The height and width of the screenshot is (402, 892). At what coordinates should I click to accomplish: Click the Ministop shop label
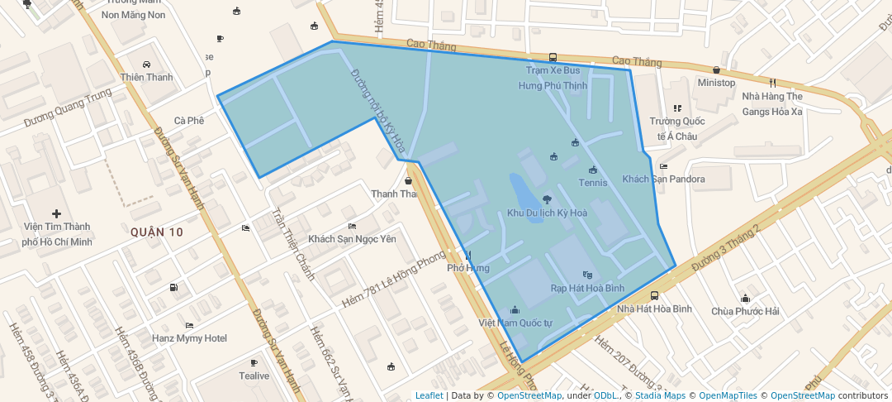pyautogui.click(x=715, y=83)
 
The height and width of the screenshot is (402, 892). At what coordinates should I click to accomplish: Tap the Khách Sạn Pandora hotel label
pyautogui.click(x=663, y=179)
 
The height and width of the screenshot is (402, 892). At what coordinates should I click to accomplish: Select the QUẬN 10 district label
pyautogui.click(x=156, y=232)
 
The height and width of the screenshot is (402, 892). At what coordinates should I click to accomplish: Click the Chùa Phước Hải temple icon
pyautogui.click(x=745, y=298)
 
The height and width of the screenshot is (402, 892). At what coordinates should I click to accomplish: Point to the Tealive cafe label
pyautogui.click(x=254, y=376)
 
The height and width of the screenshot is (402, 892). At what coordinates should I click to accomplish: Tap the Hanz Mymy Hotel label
pyautogui.click(x=189, y=338)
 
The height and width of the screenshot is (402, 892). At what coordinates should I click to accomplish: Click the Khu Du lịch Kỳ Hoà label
pyautogui.click(x=547, y=213)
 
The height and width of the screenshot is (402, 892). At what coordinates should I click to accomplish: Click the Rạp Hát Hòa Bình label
pyautogui.click(x=587, y=288)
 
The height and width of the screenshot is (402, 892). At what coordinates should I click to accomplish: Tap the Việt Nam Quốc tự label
pyautogui.click(x=515, y=322)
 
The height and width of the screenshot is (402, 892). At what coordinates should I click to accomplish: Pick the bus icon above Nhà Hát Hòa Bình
pyautogui.click(x=654, y=295)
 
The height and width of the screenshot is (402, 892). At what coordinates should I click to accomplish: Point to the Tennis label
pyautogui.click(x=592, y=183)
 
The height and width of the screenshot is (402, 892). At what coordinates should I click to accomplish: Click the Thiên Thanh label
pyautogui.click(x=147, y=78)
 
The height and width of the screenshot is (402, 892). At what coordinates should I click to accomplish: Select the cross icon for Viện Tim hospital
pyautogui.click(x=56, y=214)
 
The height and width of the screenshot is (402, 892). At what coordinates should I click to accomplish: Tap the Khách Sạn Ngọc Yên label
pyautogui.click(x=352, y=239)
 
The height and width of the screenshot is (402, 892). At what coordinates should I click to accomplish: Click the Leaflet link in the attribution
pyautogui.click(x=429, y=395)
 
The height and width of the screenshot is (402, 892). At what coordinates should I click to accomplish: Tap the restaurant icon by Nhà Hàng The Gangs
pyautogui.click(x=772, y=83)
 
